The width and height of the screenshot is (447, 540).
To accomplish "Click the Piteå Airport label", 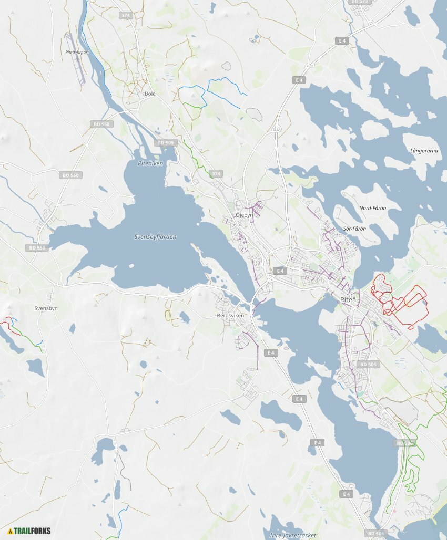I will (77, 53).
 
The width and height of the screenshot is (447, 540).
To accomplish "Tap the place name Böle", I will (150, 94).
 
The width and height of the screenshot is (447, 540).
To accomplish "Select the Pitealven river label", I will (150, 163).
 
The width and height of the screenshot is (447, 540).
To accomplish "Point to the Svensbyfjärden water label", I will (155, 237).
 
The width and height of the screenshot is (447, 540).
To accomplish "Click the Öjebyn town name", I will (245, 215).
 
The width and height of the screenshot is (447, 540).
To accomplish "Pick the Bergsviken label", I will (230, 316).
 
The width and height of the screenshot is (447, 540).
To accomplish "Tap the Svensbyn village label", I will (46, 308).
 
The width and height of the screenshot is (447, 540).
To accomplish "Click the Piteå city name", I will (348, 299).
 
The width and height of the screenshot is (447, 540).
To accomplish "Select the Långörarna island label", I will (424, 151).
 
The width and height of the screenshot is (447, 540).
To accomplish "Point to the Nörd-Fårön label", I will (372, 208).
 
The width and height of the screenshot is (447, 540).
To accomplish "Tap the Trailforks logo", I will (29, 531).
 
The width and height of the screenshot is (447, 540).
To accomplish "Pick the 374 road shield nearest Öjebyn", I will (216, 173).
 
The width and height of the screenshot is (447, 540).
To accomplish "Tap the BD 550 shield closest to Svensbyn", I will (38, 247).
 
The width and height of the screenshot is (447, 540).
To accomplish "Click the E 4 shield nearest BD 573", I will (342, 40).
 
